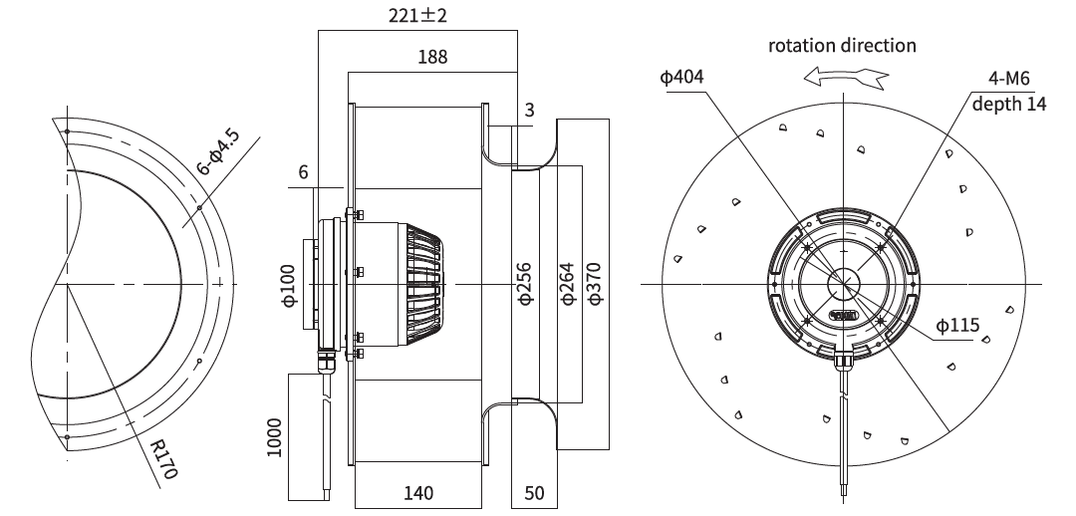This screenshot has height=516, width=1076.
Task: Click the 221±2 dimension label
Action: pos(417,14)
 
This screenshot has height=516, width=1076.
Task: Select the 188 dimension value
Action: pos(432,56)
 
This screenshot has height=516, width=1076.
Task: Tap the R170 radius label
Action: pos(164,460)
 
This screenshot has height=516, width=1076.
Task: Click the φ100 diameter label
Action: pos(289,286)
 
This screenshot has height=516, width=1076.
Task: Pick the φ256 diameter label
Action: pos(524,283)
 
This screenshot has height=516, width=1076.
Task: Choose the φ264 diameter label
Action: pos(567,283)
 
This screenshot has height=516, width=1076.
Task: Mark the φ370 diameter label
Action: pos(594,283)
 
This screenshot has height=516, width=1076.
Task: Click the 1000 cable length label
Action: pos(273,437)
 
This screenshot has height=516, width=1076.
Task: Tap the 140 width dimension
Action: pos(417,493)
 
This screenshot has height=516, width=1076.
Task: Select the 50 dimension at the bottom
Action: pos(534,493)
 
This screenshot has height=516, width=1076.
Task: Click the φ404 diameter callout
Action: pos(681,76)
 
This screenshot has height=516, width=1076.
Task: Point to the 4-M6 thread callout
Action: pos(1008,79)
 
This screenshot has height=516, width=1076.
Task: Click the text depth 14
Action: pos(1009,104)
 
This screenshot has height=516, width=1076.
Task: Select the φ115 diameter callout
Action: pos(958,325)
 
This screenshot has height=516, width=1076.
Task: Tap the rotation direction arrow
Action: pos(846,77)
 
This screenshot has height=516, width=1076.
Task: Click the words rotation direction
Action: pos(842,45)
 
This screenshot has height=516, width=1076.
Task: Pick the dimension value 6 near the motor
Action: pos(303,171)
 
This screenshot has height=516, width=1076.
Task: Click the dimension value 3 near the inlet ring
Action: pos(529,110)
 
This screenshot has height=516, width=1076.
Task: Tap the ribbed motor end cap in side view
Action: pos(423,284)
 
